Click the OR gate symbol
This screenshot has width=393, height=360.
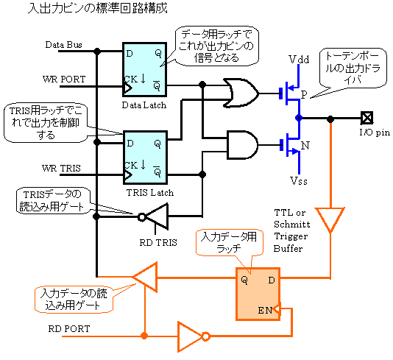pos(241,93)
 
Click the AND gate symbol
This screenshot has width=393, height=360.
pos(242,144)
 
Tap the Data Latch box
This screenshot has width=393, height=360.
pos(145,69)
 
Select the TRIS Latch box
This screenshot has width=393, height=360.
pos(145,158)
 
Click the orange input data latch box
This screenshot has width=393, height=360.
pos(258,294)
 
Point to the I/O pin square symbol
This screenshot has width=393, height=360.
pos(367,118)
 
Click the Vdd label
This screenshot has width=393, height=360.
pos(299,60)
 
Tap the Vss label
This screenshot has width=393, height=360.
pos(299,181)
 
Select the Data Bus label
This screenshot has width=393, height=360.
pos(64,45)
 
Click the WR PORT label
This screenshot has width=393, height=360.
pos(64,80)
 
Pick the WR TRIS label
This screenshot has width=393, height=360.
pos(61,168)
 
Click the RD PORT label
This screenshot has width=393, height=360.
pos(69,328)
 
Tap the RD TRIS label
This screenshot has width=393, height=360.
pos(158,243)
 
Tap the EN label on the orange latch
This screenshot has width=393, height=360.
pos(265,311)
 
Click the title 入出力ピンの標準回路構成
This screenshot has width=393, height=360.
pos(98,7)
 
